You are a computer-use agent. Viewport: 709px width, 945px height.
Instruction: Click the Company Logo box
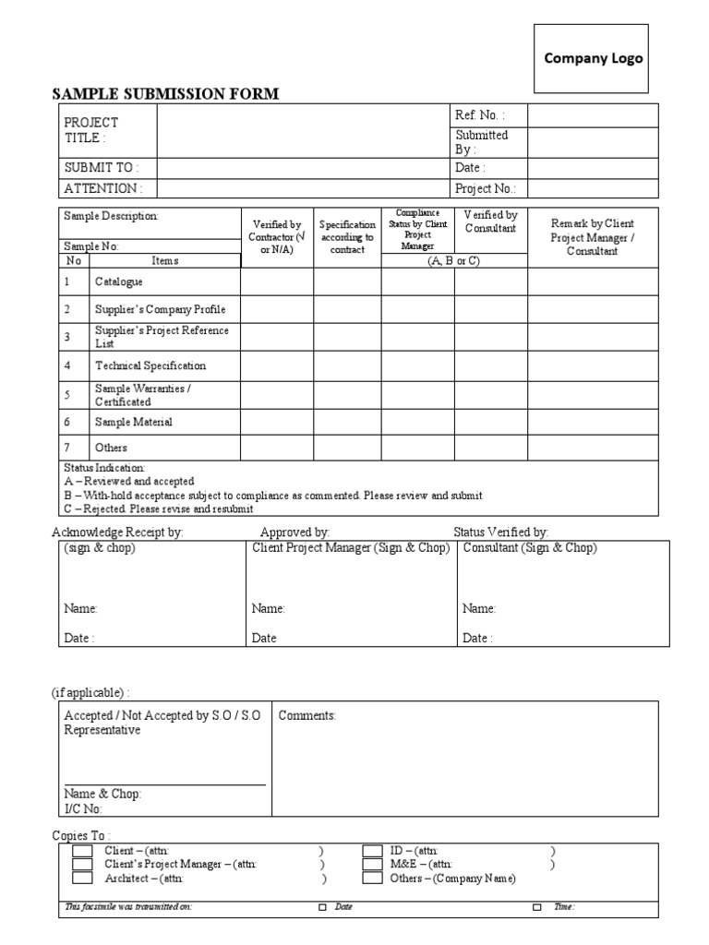(x=593, y=58)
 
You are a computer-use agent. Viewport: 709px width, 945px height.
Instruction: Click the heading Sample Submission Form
(x=165, y=93)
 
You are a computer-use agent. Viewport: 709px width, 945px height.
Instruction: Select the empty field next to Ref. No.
(x=592, y=115)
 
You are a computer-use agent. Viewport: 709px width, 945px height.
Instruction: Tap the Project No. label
(x=485, y=188)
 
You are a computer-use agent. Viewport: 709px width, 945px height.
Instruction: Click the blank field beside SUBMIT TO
(x=301, y=168)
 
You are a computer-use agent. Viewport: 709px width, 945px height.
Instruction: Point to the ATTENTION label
(x=102, y=188)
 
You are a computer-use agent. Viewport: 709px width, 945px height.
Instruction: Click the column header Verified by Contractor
(x=277, y=237)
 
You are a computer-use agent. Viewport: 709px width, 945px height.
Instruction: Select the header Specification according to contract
(x=347, y=237)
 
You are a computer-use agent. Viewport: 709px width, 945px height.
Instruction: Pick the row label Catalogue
(x=119, y=282)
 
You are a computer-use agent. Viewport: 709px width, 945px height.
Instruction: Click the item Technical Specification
(x=150, y=365)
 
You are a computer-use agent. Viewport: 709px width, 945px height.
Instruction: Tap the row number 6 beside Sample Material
(x=67, y=422)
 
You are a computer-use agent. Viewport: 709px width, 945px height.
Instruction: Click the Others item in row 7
(x=111, y=448)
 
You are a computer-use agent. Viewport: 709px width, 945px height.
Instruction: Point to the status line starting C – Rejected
(x=159, y=508)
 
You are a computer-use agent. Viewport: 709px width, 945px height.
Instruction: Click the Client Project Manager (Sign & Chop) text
(x=351, y=548)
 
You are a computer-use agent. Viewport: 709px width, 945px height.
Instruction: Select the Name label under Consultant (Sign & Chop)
(x=478, y=609)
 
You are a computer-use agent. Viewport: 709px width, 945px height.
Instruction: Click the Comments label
(x=307, y=715)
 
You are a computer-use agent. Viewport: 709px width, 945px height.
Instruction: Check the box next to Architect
(x=83, y=879)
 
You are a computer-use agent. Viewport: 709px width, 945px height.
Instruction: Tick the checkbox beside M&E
(x=372, y=865)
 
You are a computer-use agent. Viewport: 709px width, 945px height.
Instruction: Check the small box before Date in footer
(x=322, y=907)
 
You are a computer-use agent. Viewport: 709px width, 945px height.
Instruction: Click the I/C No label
(x=83, y=809)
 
